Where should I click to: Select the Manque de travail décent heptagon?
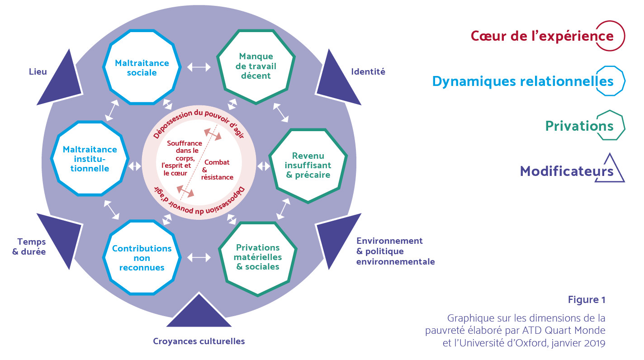[x=256, y=66]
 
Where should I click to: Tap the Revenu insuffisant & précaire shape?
[x=308, y=165]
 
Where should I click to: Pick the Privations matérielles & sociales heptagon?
[x=258, y=258]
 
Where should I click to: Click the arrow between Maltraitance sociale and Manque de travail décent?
[x=199, y=67]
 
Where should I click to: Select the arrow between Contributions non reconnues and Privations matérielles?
[x=199, y=257]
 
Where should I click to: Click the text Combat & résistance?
[x=218, y=170]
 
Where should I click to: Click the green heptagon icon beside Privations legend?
[x=611, y=125]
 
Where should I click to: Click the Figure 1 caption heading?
[x=587, y=299]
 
